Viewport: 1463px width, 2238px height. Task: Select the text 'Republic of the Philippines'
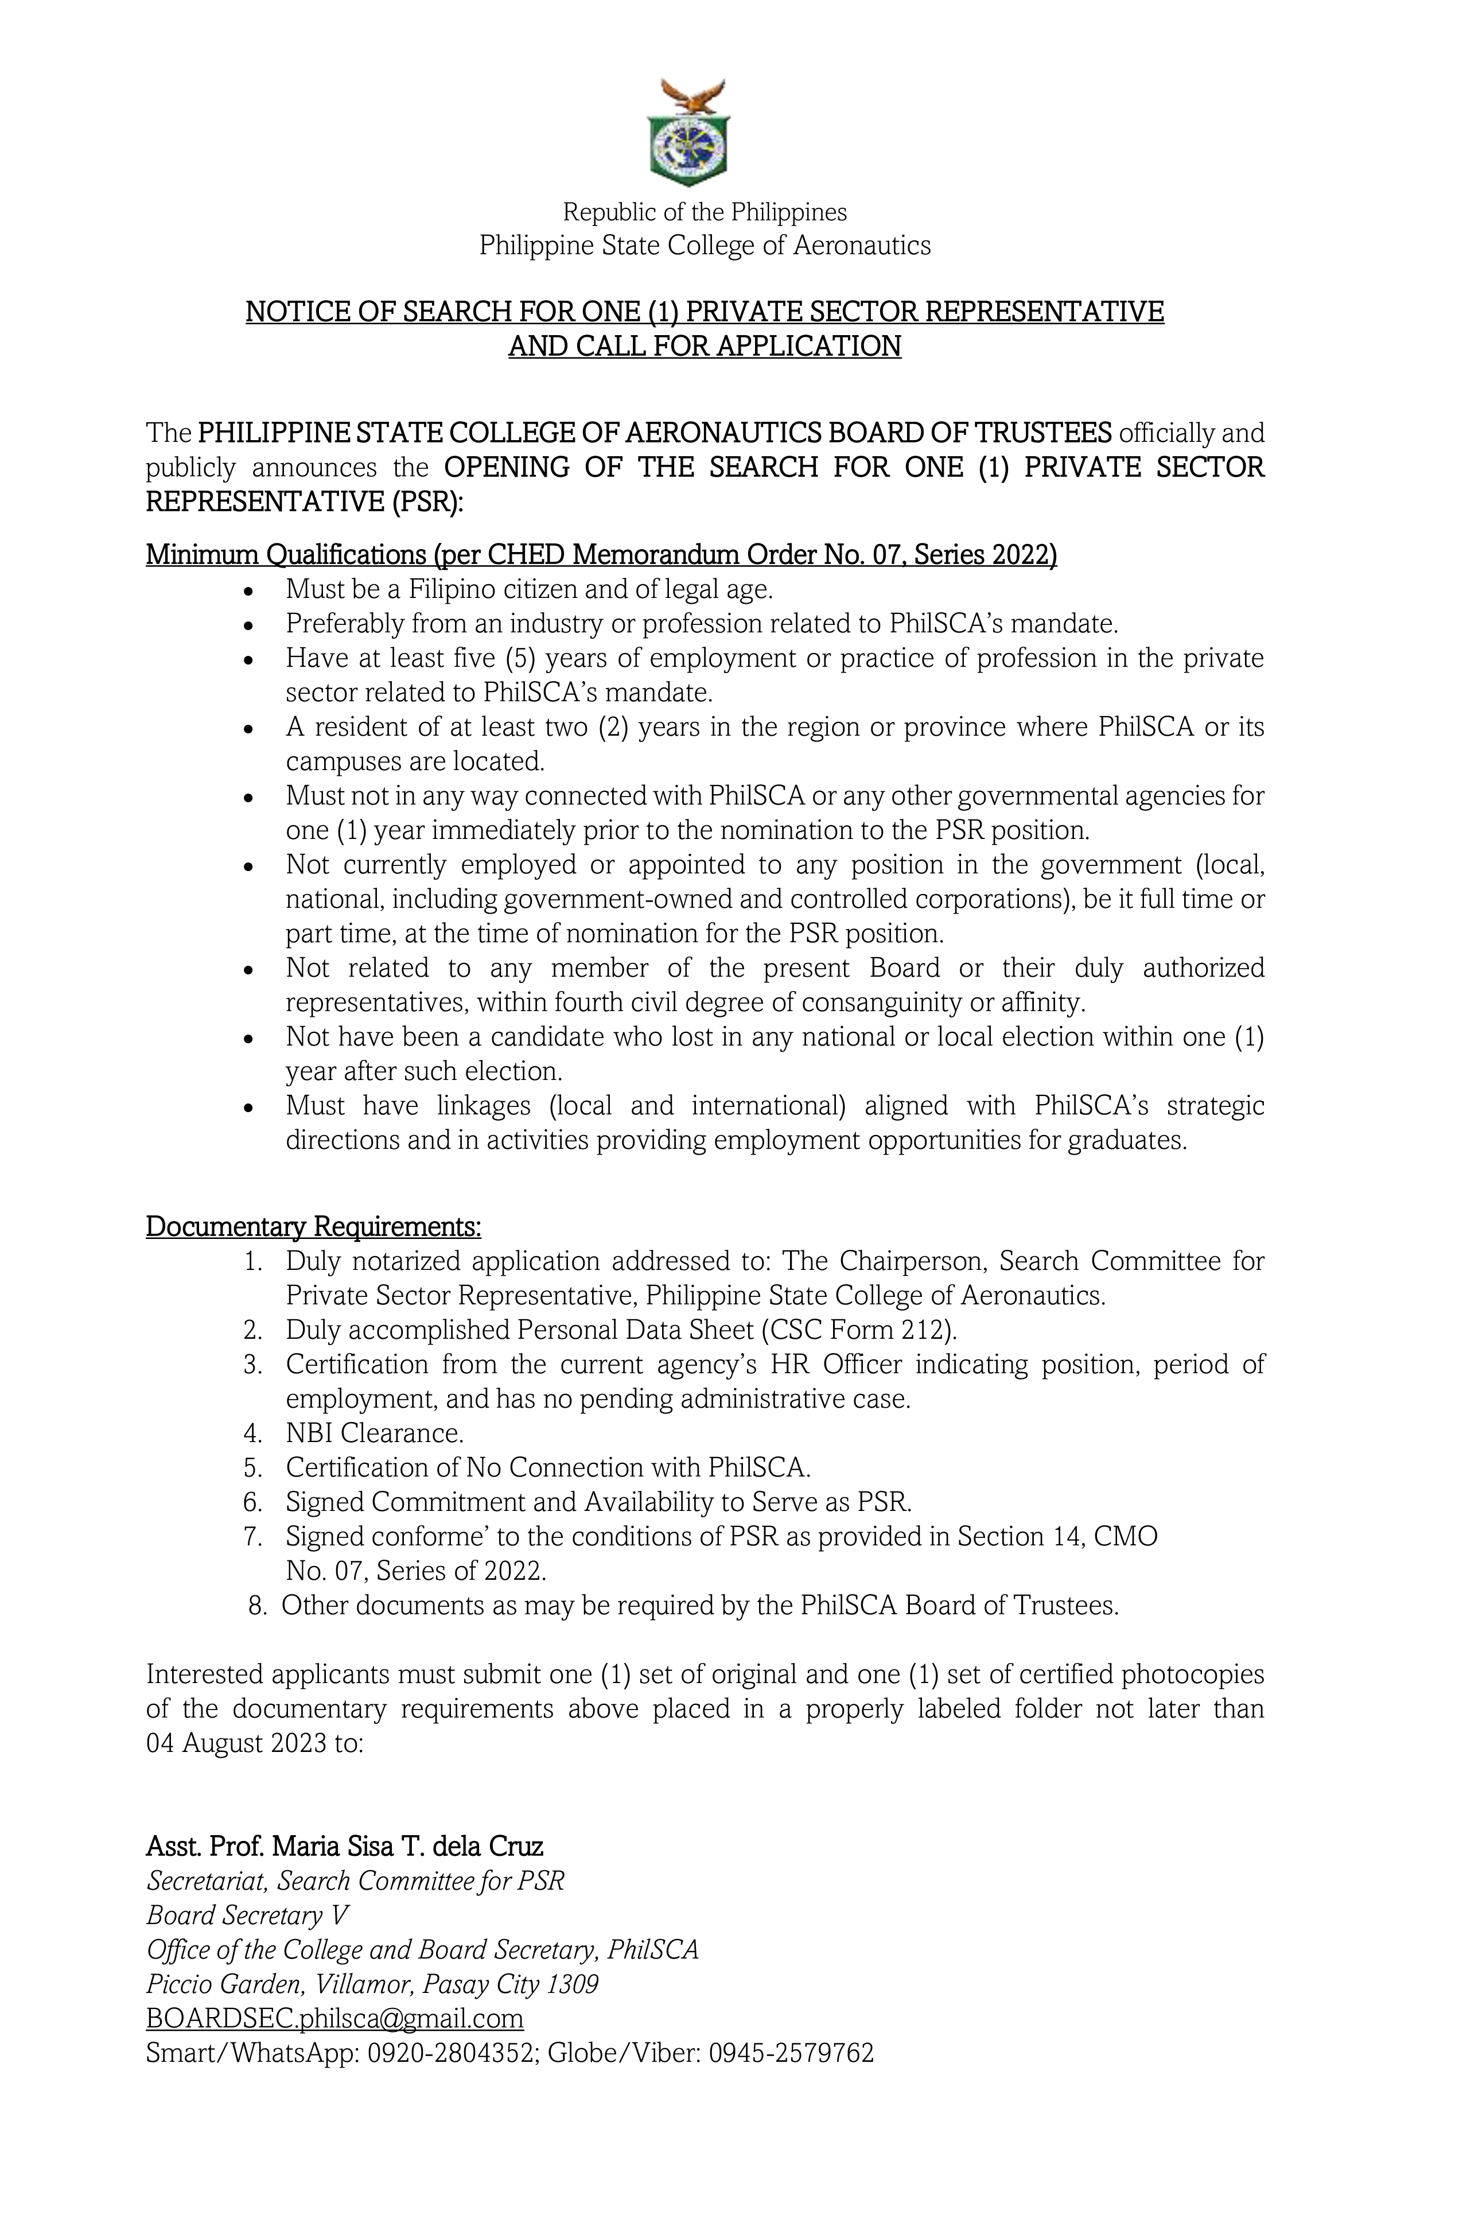point(704,212)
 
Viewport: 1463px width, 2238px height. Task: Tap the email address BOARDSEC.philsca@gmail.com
point(334,2019)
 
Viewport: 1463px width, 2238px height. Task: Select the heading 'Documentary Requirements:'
point(313,1227)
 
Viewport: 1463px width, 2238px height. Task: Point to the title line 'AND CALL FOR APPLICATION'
point(704,346)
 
